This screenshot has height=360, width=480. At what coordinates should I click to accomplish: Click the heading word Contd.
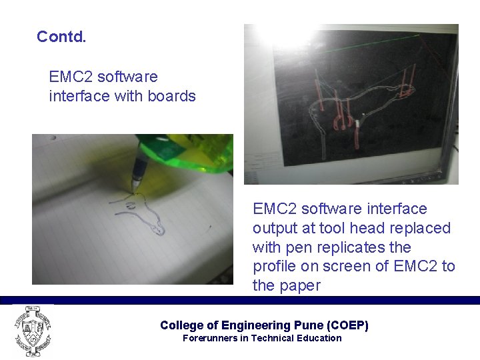(x=61, y=37)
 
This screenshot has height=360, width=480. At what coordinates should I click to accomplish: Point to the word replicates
(x=357, y=247)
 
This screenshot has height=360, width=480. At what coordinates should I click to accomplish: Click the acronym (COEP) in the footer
(x=347, y=325)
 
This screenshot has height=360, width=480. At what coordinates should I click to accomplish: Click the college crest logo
(x=31, y=330)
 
